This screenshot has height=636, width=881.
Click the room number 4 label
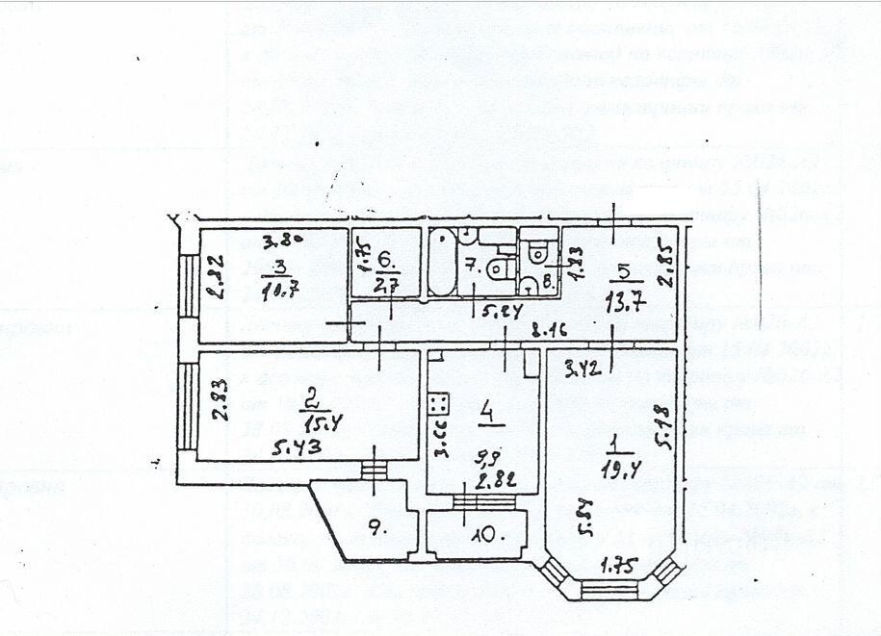pyautogui.click(x=488, y=416)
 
